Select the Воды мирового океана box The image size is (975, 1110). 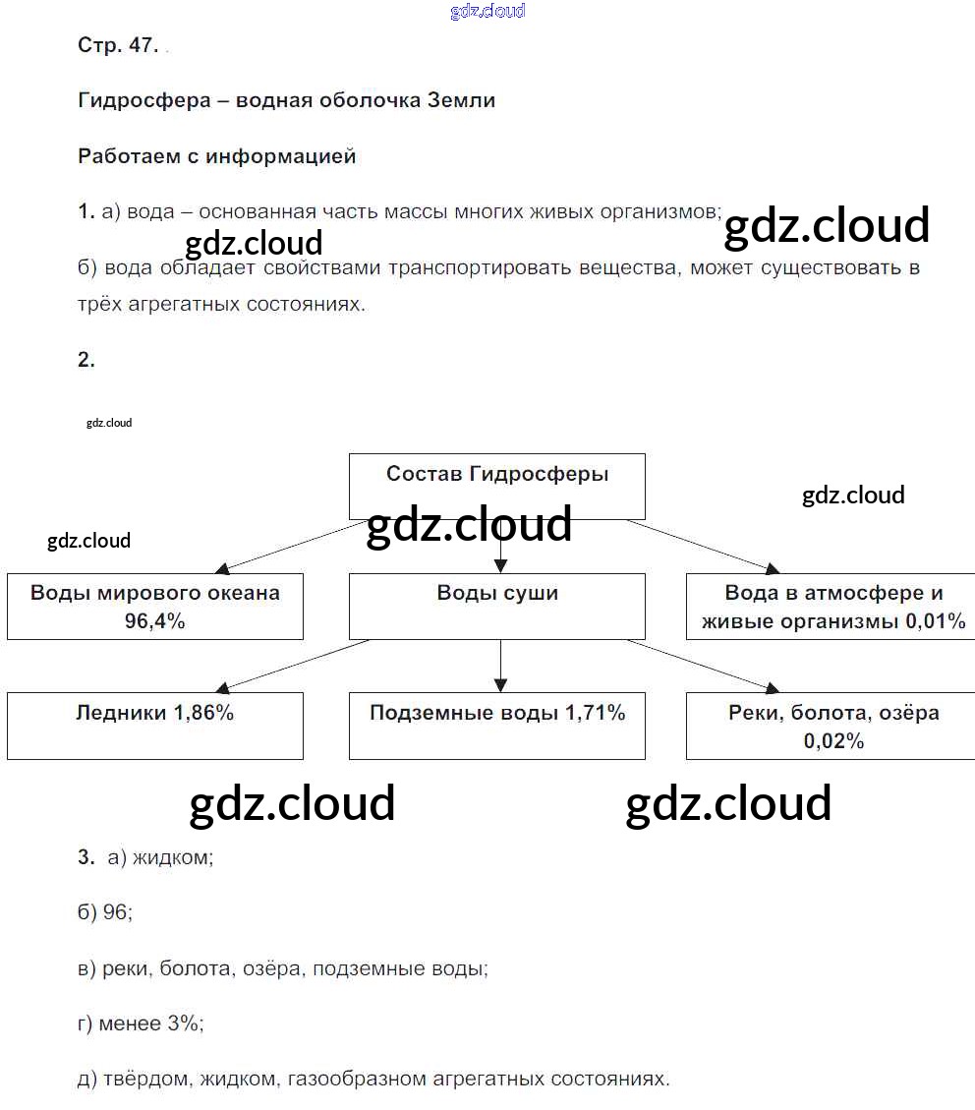click(x=154, y=606)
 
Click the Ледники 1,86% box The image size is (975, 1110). click(x=154, y=725)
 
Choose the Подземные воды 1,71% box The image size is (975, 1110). click(x=497, y=725)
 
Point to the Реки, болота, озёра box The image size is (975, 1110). click(x=833, y=725)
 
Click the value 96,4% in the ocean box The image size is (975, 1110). click(x=154, y=621)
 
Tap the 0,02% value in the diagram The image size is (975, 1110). click(x=833, y=741)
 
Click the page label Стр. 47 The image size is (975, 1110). click(x=118, y=45)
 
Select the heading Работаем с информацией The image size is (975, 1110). click(x=216, y=155)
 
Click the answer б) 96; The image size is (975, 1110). click(x=104, y=912)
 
